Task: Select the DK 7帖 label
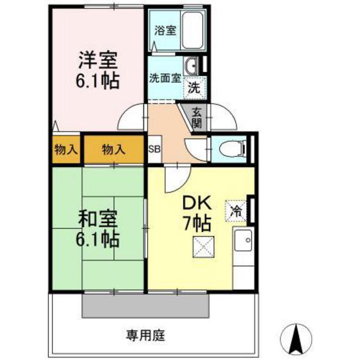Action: point(197,213)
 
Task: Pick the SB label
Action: point(154,150)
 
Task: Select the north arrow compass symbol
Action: point(298,336)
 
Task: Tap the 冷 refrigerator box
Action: point(235,210)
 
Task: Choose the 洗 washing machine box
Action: point(194,89)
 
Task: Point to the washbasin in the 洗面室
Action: point(191,66)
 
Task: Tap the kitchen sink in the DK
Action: point(244,242)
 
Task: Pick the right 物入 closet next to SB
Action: point(114,150)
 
